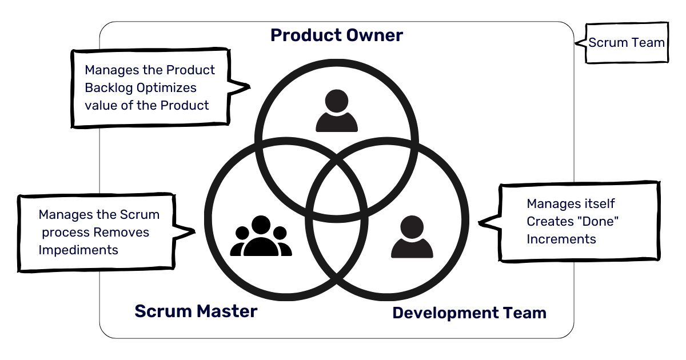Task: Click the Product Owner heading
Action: (336, 35)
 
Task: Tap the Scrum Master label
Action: (196, 311)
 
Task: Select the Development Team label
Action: (469, 313)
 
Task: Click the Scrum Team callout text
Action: (627, 43)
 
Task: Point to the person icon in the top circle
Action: (337, 111)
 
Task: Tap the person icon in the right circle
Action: (412, 237)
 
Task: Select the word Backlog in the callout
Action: (108, 88)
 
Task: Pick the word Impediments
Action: (78, 250)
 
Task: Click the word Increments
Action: (561, 239)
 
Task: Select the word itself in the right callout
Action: (597, 204)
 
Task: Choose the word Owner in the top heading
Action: (375, 35)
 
